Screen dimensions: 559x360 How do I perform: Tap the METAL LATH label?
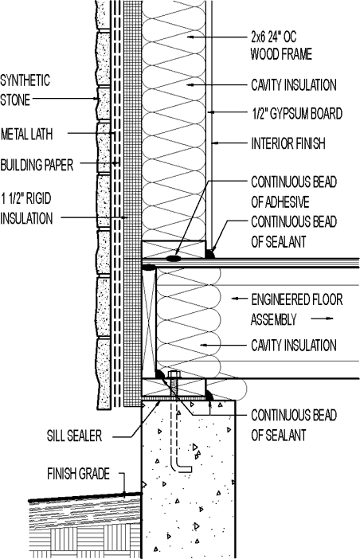click(x=27, y=132)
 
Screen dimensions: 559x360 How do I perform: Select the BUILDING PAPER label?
click(x=37, y=165)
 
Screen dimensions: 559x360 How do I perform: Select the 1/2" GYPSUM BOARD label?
click(x=296, y=114)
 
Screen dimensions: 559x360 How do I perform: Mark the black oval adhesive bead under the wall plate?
click(x=174, y=259)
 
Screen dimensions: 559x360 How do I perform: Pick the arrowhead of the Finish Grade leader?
click(x=126, y=488)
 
